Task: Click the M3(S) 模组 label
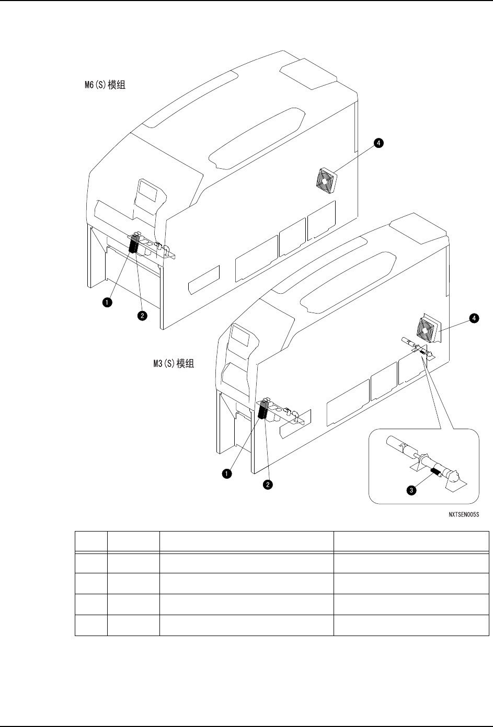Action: point(170,363)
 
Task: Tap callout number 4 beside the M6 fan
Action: point(377,142)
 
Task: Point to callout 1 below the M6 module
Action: point(107,302)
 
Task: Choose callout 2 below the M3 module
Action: point(268,485)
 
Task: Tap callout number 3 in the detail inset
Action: point(412,490)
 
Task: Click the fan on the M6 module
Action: point(326,181)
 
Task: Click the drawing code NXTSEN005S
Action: point(464,514)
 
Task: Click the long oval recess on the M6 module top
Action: point(256,137)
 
